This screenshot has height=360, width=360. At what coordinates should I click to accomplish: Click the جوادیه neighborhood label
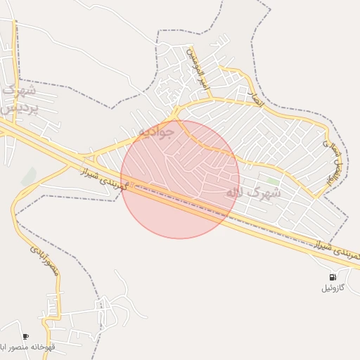[155, 132]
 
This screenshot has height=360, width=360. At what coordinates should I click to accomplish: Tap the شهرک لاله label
[252, 191]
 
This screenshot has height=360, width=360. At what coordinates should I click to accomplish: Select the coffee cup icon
[26, 337]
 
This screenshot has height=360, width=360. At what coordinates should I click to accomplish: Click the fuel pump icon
[333, 277]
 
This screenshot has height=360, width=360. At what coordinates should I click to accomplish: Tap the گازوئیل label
[333, 288]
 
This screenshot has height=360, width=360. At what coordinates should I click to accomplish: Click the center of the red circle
[180, 179]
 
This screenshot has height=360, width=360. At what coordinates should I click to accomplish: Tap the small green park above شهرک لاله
[273, 181]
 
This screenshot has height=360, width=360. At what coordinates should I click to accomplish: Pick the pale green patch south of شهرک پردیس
[29, 176]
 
